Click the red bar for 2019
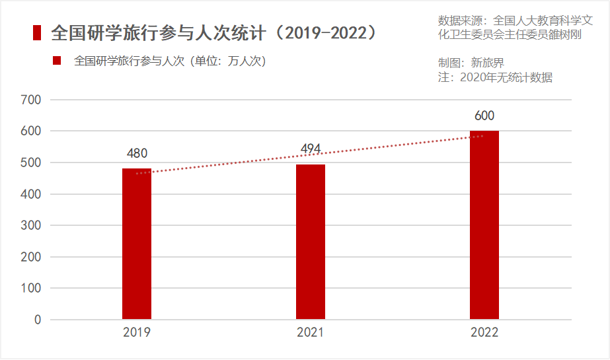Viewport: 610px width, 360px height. pyautogui.click(x=137, y=244)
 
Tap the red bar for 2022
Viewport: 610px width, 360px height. pyautogui.click(x=484, y=225)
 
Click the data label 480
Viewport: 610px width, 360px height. pyautogui.click(x=137, y=153)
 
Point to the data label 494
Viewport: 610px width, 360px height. pyautogui.click(x=311, y=149)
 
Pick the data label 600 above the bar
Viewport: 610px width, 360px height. pyautogui.click(x=484, y=116)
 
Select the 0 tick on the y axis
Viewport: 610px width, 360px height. pyautogui.click(x=38, y=320)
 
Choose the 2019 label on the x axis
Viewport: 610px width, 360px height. pyautogui.click(x=137, y=332)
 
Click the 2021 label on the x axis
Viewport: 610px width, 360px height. pyautogui.click(x=311, y=332)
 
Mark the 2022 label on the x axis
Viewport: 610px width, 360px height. pyautogui.click(x=484, y=332)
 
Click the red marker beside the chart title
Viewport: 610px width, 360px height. pyautogui.click(x=37, y=32)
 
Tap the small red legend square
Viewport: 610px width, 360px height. pyautogui.click(x=57, y=61)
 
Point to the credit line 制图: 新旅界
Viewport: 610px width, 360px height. pyautogui.click(x=471, y=63)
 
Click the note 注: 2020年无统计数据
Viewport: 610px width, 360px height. pyautogui.click(x=495, y=77)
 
